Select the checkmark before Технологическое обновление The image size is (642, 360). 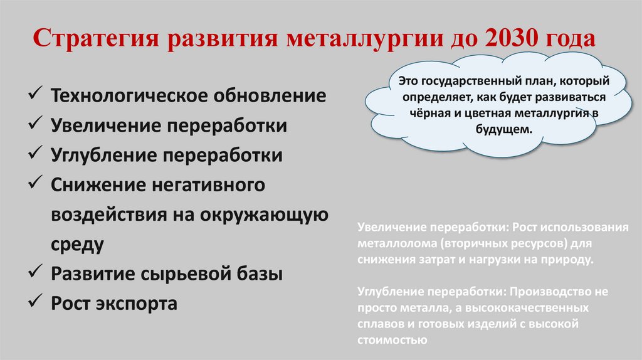tap(35, 96)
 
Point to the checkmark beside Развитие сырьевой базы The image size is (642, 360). tap(35, 274)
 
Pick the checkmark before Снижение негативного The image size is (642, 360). tap(35, 185)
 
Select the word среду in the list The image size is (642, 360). tap(77, 244)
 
